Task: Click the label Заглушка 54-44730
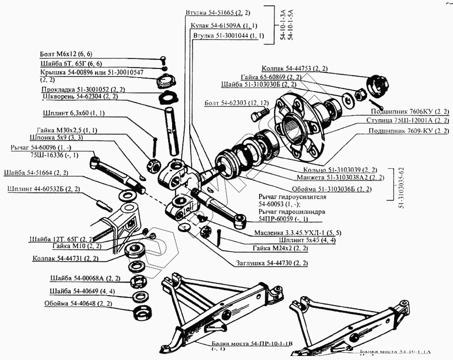271,263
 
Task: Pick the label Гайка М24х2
280,249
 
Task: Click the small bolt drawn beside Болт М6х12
164,59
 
